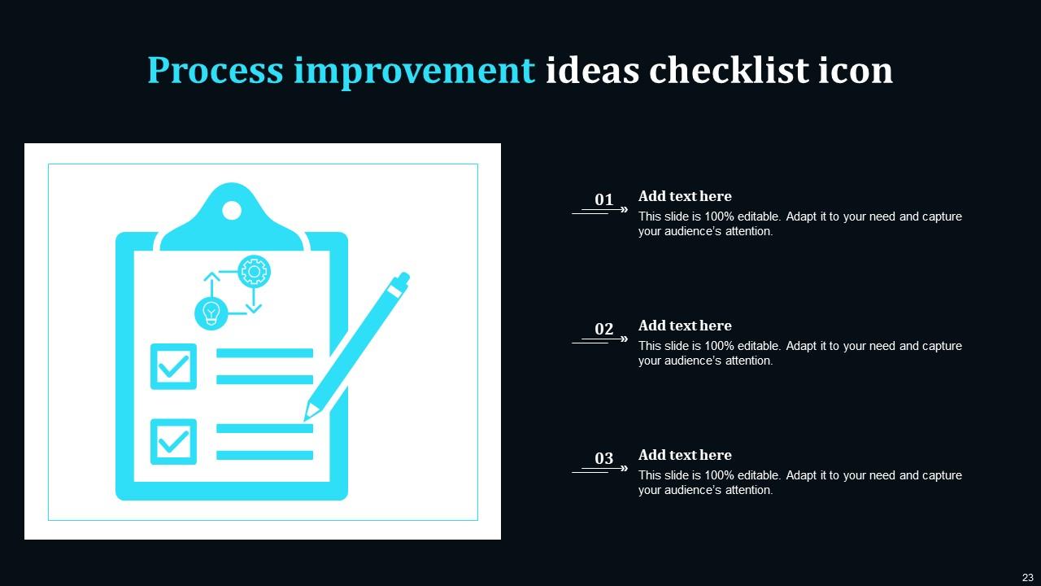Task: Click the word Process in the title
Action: [x=215, y=71]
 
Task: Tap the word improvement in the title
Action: [x=414, y=71]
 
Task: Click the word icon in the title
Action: [x=856, y=71]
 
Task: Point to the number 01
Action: [x=603, y=199]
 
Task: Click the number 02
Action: [x=603, y=329]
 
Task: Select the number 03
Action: [x=603, y=458]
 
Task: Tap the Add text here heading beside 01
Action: [x=685, y=196]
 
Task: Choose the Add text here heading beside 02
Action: [x=685, y=326]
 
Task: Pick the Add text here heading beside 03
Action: [x=685, y=455]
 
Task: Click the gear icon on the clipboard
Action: [x=254, y=272]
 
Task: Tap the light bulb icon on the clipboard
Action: [x=211, y=313]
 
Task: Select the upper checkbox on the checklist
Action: [x=173, y=366]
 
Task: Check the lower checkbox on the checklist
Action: [x=173, y=442]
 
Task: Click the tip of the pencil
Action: [x=307, y=418]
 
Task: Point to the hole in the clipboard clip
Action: [x=232, y=211]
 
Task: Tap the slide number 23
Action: [x=1027, y=577]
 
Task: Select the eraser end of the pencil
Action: [x=402, y=282]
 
